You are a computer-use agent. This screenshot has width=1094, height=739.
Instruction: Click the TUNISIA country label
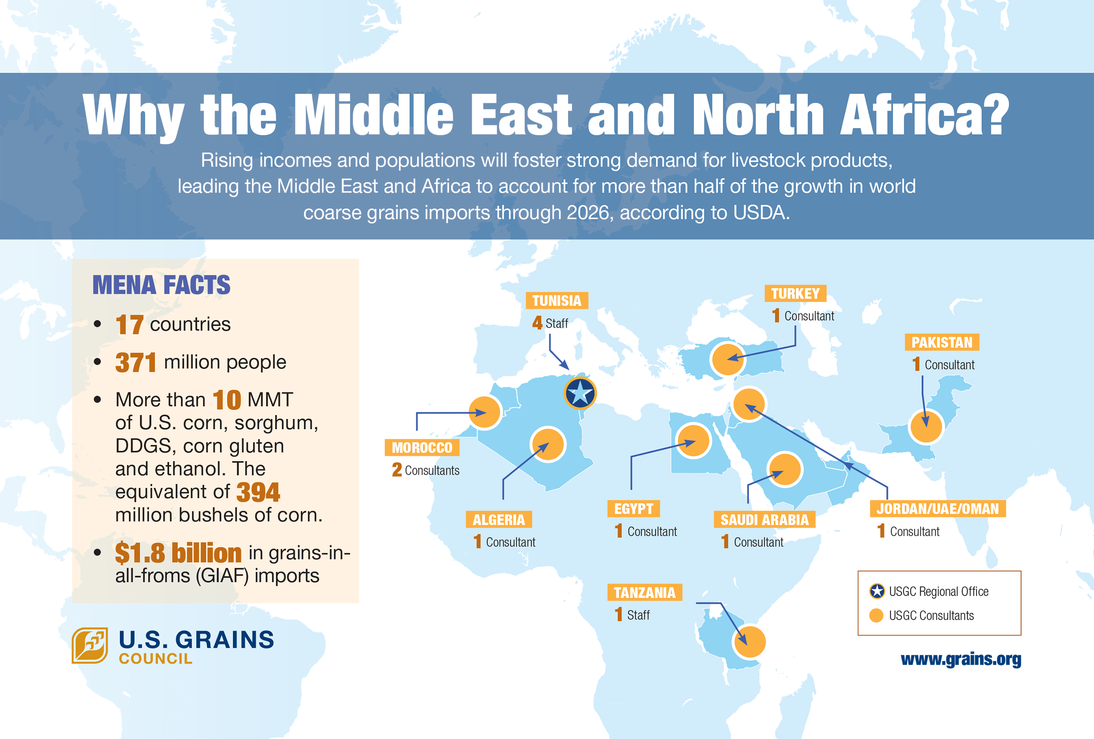tap(557, 301)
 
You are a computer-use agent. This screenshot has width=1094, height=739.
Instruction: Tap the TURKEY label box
tap(795, 294)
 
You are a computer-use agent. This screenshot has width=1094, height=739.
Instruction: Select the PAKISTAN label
tap(941, 342)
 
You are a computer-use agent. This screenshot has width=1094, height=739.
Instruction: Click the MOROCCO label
tap(422, 448)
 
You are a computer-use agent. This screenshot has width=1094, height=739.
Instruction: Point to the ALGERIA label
tap(498, 520)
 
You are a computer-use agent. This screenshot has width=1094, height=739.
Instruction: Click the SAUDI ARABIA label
tap(765, 520)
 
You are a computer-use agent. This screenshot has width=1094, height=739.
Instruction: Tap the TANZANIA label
tap(645, 592)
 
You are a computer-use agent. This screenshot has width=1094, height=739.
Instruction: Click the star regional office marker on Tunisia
tap(580, 392)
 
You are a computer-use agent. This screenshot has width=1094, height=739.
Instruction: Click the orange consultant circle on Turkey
tap(728, 359)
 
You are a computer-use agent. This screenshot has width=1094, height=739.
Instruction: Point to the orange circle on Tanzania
tap(750, 641)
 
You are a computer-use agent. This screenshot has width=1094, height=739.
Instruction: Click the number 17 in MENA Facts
tap(129, 325)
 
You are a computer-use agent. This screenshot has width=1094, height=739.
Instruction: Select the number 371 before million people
tap(135, 362)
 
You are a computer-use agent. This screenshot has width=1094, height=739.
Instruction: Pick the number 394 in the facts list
tap(258, 492)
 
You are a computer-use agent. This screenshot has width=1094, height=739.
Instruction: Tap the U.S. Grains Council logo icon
tap(90, 645)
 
